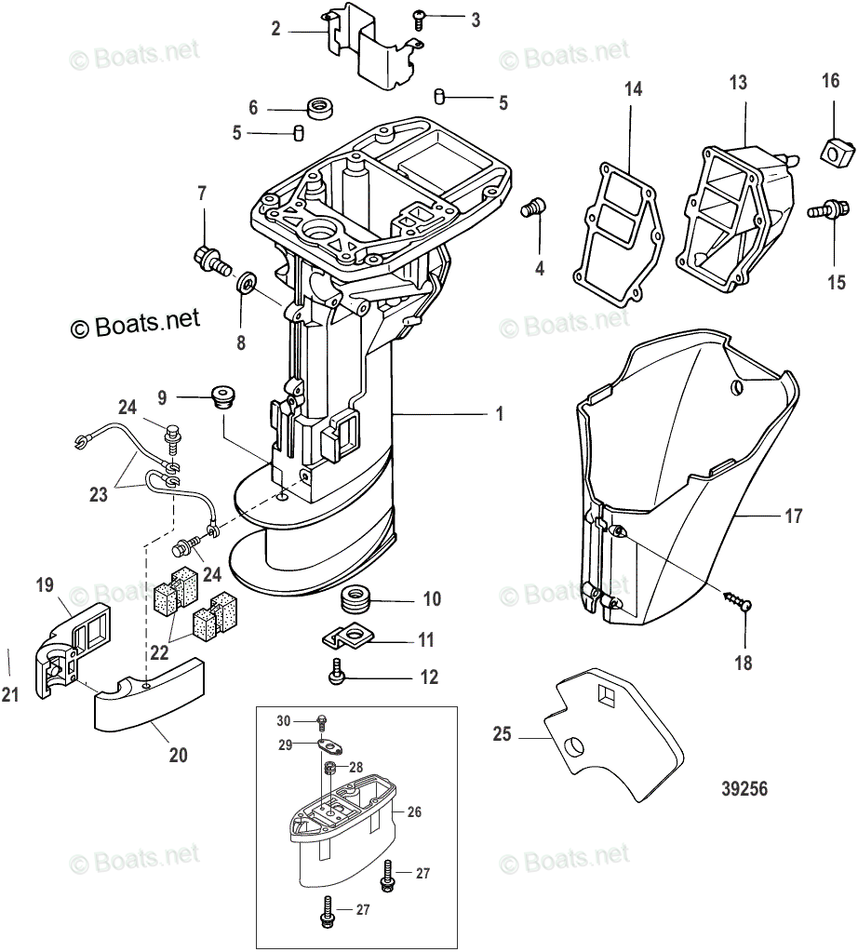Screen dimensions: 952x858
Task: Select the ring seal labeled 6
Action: [x=318, y=108]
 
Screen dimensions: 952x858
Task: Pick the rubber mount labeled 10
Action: [x=355, y=597]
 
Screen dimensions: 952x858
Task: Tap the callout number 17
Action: [x=793, y=516]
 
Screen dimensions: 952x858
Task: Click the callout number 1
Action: [x=499, y=413]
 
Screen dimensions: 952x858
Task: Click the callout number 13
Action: [x=737, y=84]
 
